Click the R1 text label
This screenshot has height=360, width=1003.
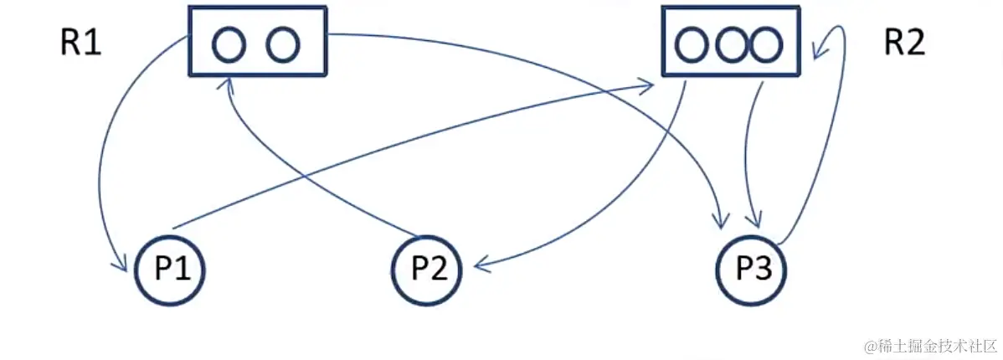click(x=81, y=43)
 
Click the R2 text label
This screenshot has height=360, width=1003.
click(x=904, y=43)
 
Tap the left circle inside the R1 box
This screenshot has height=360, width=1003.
click(x=227, y=44)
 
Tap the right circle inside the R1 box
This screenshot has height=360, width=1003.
click(x=283, y=44)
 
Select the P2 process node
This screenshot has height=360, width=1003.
click(x=427, y=269)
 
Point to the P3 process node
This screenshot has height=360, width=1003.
click(x=750, y=269)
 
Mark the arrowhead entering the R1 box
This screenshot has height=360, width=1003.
click(x=226, y=80)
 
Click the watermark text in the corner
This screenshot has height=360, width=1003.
click(x=931, y=345)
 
